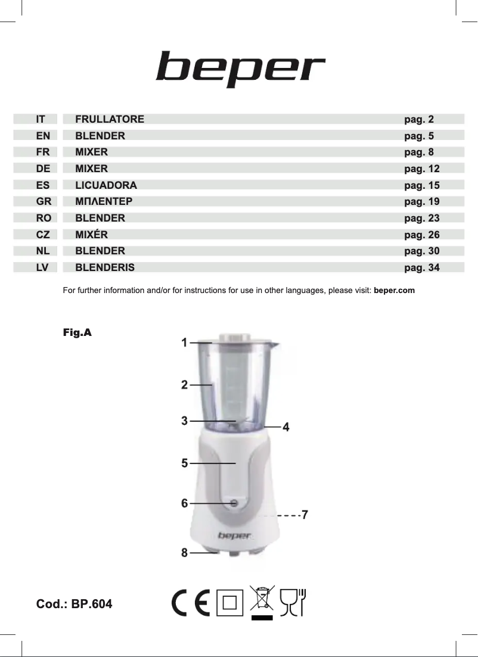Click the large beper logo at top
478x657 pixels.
point(240,69)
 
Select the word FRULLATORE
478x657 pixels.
point(110,119)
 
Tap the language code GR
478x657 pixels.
point(43,201)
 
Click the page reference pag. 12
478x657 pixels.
point(421,169)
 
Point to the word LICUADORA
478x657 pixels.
point(106,185)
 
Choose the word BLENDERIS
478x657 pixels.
point(105,267)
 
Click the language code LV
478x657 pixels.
point(42,267)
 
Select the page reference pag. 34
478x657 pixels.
point(421,267)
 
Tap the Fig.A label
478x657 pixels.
point(77,332)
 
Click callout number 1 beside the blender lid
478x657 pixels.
point(185,342)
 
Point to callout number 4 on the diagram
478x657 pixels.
point(286,427)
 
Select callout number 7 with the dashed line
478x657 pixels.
point(305,514)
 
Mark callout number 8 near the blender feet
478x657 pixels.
point(185,553)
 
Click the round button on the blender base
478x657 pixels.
point(233,503)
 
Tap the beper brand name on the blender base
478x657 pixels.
point(234,535)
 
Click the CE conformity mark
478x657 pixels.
point(190,603)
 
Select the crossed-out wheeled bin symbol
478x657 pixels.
point(262,602)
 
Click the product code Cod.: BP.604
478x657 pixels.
point(75,604)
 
